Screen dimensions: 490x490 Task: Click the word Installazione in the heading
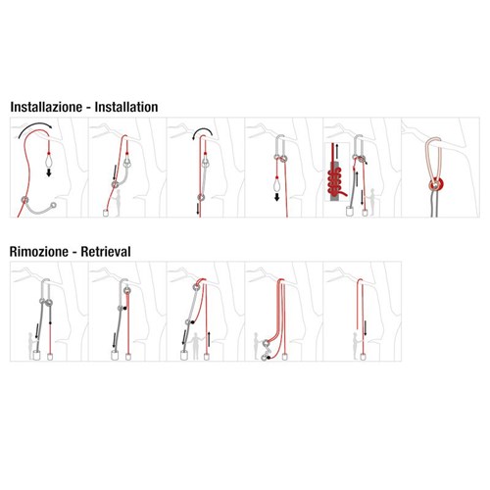pyautogui.click(x=46, y=107)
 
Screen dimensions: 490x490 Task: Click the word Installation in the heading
pyautogui.click(x=126, y=107)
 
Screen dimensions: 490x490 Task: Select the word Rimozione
pyautogui.click(x=39, y=252)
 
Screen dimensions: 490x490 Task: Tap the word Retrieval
pyautogui.click(x=106, y=252)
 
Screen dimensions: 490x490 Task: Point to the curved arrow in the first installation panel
pyautogui.click(x=35, y=124)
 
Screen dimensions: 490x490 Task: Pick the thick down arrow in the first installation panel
pyautogui.click(x=49, y=172)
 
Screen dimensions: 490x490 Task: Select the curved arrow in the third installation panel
pyautogui.click(x=203, y=129)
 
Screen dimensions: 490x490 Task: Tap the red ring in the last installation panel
pyautogui.click(x=435, y=185)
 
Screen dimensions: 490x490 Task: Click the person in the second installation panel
pyautogui.click(x=117, y=203)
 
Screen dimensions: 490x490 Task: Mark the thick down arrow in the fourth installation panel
pyautogui.click(x=276, y=197)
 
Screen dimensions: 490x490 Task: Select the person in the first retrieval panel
pyautogui.click(x=31, y=346)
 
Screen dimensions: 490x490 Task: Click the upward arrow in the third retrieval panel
pyautogui.click(x=209, y=339)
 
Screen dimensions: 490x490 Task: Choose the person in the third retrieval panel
pyautogui.click(x=196, y=346)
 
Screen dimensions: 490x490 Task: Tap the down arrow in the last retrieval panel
pyautogui.click(x=365, y=328)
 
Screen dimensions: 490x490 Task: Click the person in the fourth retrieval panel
pyautogui.click(x=257, y=346)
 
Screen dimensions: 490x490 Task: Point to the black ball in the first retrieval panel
pyautogui.click(x=50, y=322)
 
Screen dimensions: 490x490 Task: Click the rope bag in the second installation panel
pyautogui.click(x=106, y=213)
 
